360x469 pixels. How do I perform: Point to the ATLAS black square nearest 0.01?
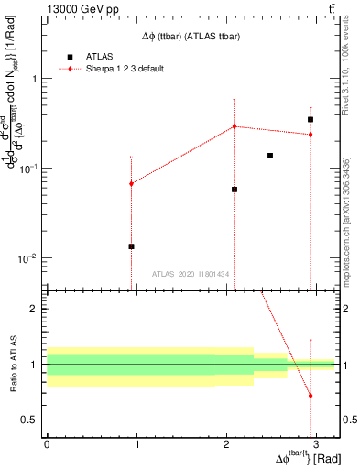[132, 246]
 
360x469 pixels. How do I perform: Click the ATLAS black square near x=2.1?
[235, 190]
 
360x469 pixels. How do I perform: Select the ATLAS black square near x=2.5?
[270, 156]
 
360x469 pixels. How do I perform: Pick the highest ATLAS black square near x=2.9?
[311, 119]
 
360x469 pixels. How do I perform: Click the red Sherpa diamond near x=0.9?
[132, 183]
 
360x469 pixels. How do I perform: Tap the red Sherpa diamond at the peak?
[235, 126]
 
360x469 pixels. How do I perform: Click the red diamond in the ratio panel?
[311, 396]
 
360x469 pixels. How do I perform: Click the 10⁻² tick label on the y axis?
[29, 258]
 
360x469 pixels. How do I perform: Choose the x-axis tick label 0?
[47, 442]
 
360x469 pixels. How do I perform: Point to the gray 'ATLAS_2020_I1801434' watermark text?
[191, 275]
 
